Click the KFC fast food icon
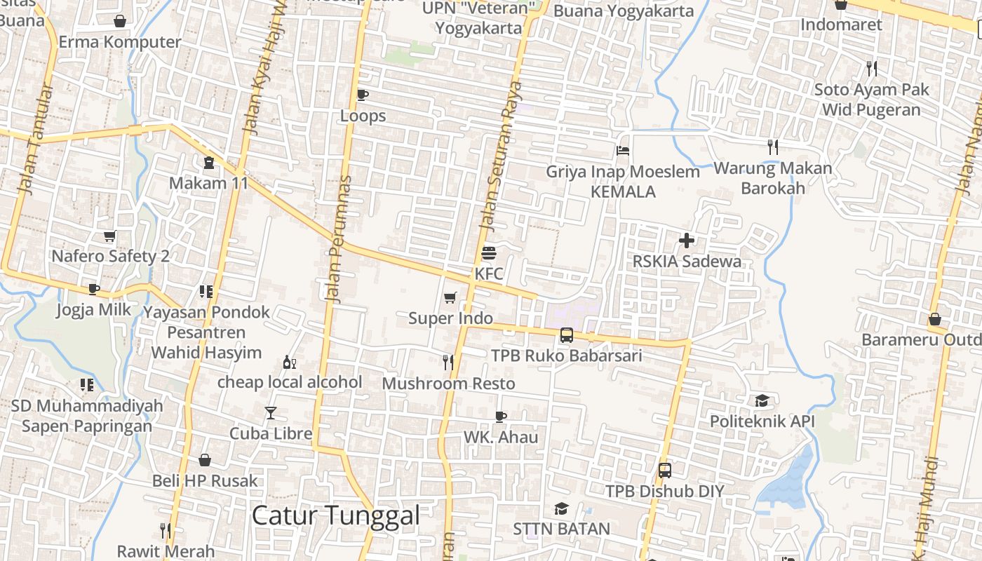tap(489, 253)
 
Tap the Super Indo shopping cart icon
tap(450, 298)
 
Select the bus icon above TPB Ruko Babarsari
tap(567, 335)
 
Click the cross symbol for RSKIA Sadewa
tap(687, 241)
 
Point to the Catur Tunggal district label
tap(335, 515)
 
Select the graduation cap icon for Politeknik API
tap(762, 401)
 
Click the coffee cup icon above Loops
tap(363, 95)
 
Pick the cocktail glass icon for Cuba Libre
tap(271, 413)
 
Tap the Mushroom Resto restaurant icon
tap(448, 363)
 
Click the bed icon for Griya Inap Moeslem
tap(623, 151)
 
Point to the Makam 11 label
tap(209, 183)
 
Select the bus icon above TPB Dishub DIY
tap(664, 471)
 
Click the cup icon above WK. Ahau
tap(501, 417)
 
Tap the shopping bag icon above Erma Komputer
tap(120, 21)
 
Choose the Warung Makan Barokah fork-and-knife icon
tap(773, 147)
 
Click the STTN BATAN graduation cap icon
tap(561, 508)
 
